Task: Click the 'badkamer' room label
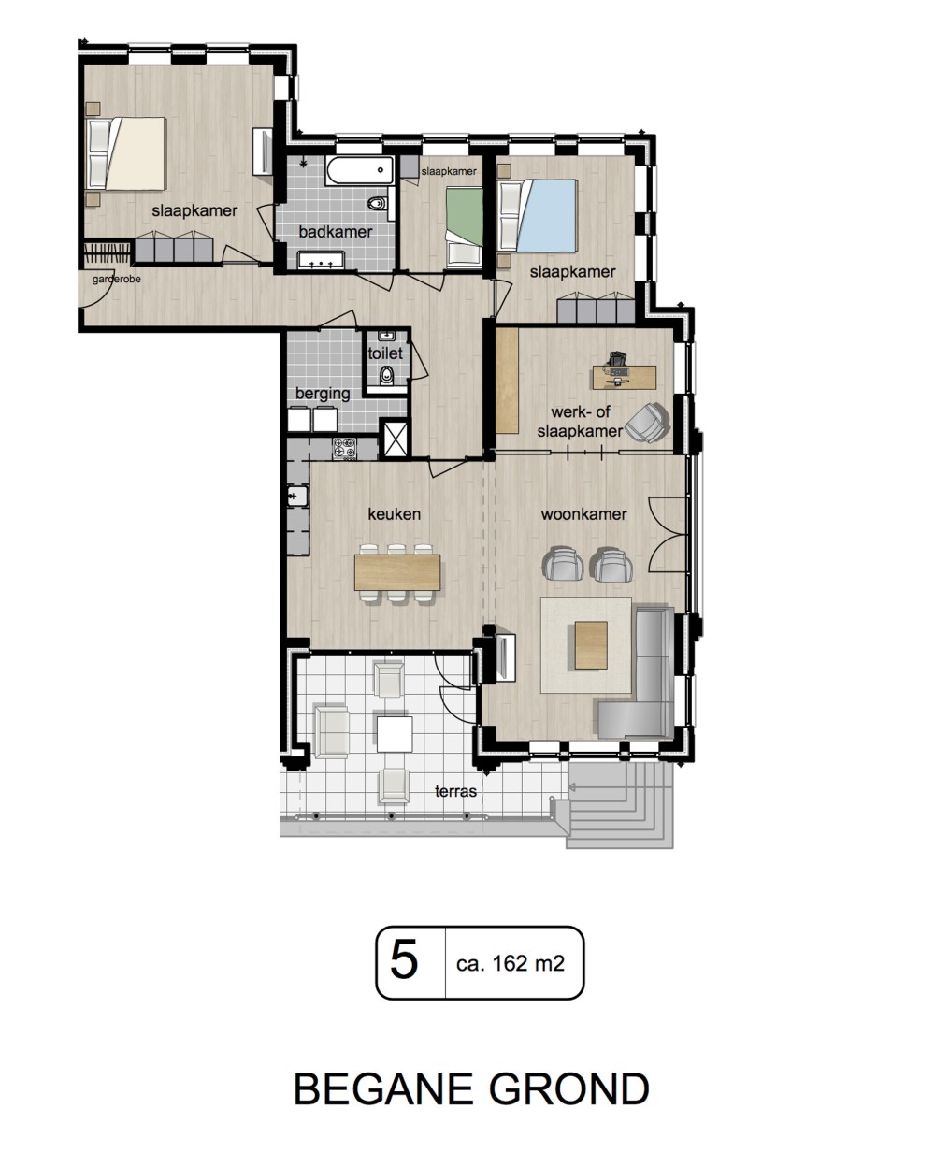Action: pyautogui.click(x=335, y=232)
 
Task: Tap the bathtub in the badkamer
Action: pyautogui.click(x=360, y=170)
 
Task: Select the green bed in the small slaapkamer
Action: pyautogui.click(x=465, y=226)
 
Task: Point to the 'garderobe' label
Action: pyautogui.click(x=117, y=280)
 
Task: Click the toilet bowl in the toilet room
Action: pyautogui.click(x=386, y=375)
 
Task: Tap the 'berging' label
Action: pyautogui.click(x=323, y=393)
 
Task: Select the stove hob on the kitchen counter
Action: pyautogui.click(x=344, y=449)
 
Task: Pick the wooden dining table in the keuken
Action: pyautogui.click(x=397, y=572)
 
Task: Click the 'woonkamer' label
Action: pyautogui.click(x=583, y=514)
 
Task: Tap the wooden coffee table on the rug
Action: pyautogui.click(x=591, y=645)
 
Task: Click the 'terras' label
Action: pyautogui.click(x=455, y=792)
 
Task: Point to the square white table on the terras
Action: pyautogui.click(x=395, y=734)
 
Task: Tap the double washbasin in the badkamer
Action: pyautogui.click(x=321, y=260)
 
